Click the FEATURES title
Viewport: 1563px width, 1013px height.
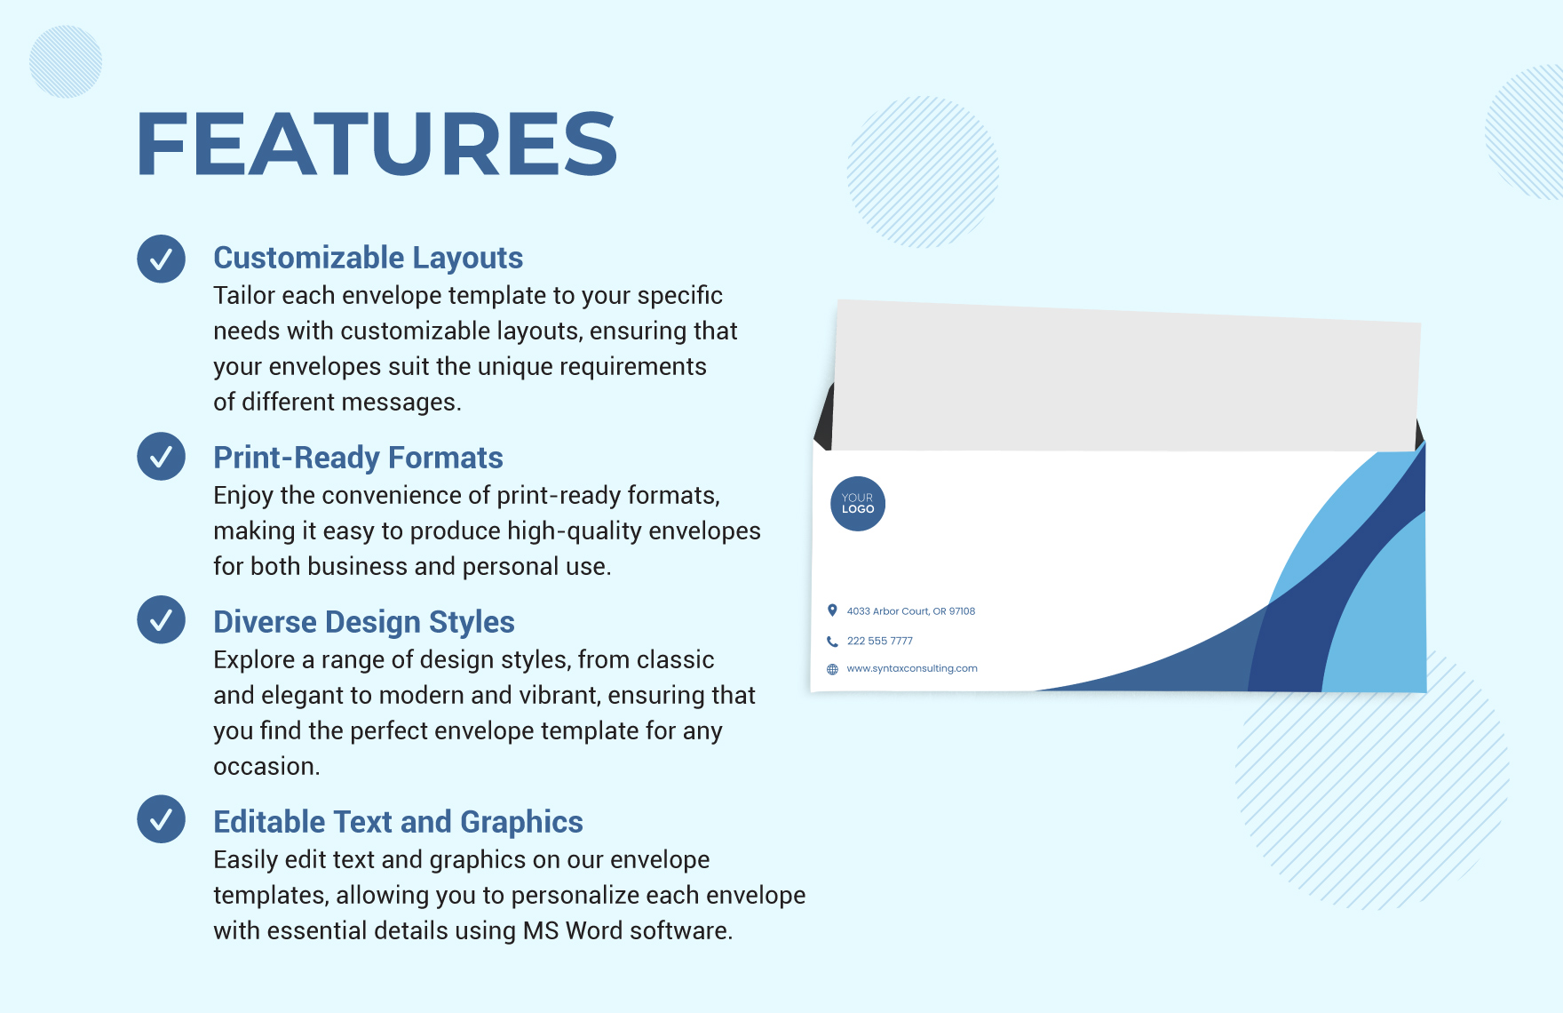point(377,144)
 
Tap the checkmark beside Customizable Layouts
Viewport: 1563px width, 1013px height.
point(161,259)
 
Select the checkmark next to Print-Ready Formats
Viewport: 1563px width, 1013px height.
point(161,457)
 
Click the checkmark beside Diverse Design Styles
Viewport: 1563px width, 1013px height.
point(161,619)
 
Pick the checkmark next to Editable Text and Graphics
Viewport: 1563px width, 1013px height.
point(161,819)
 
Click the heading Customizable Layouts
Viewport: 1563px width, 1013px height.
point(368,258)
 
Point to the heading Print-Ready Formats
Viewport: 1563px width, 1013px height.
point(358,458)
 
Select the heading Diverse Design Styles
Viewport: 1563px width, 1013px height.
point(364,622)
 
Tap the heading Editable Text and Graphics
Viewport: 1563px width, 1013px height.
point(398,822)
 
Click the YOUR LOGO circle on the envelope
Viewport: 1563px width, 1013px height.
point(858,504)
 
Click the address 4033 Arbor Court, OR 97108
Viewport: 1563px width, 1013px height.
point(911,611)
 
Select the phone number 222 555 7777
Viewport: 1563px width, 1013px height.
point(879,641)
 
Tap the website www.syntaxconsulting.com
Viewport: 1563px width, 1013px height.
point(912,668)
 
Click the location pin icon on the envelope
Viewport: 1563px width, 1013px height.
point(832,610)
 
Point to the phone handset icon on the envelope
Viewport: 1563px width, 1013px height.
point(832,641)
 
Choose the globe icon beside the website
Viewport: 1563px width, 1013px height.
point(832,669)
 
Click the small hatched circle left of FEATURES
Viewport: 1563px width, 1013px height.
point(66,61)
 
